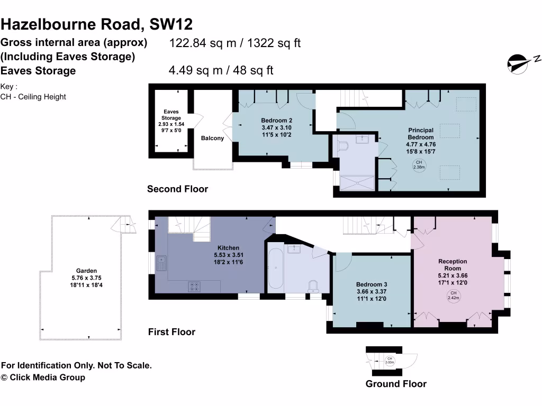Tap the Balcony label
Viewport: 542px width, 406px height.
[212, 139]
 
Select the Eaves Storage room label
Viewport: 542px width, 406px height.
[171, 121]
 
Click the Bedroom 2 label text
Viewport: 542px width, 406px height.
[276, 127]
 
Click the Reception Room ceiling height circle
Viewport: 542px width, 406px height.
[453, 296]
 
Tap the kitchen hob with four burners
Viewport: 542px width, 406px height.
[194, 286]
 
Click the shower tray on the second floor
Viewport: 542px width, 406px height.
[357, 183]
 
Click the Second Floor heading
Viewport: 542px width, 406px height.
[177, 189]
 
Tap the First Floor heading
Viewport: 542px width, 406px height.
[171, 332]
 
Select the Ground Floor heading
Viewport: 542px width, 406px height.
[396, 384]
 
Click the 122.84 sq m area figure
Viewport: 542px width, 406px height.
[234, 43]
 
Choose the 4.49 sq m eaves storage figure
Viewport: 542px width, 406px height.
[221, 70]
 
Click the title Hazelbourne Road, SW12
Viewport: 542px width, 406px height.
[97, 24]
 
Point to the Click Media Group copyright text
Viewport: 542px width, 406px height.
[43, 377]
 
